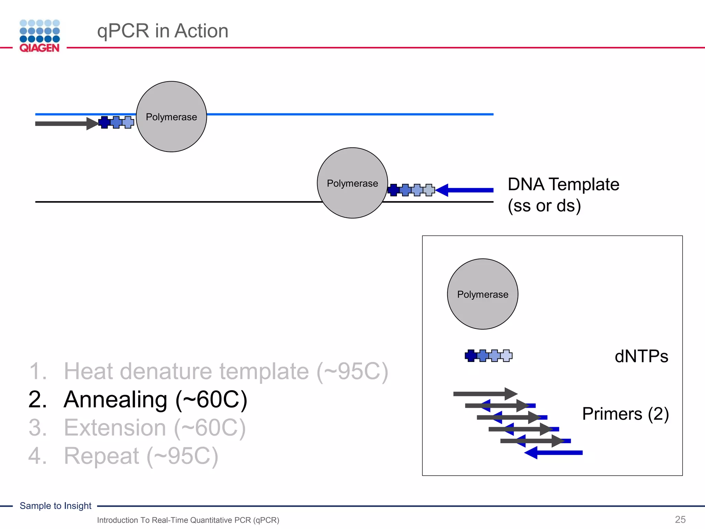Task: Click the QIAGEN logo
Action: (40, 36)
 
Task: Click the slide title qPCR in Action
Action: (162, 31)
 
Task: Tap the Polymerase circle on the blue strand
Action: (171, 117)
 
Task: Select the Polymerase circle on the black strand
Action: (352, 183)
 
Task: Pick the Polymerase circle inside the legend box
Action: (482, 294)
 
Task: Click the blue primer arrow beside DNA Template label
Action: (468, 190)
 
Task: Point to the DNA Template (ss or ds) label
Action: (563, 195)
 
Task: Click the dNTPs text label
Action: (641, 356)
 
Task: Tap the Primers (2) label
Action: (625, 414)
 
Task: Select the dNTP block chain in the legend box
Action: (488, 355)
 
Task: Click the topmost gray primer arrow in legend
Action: (484, 394)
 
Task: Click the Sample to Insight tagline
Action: (55, 506)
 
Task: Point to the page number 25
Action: (680, 519)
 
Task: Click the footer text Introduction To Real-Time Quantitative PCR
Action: (188, 520)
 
